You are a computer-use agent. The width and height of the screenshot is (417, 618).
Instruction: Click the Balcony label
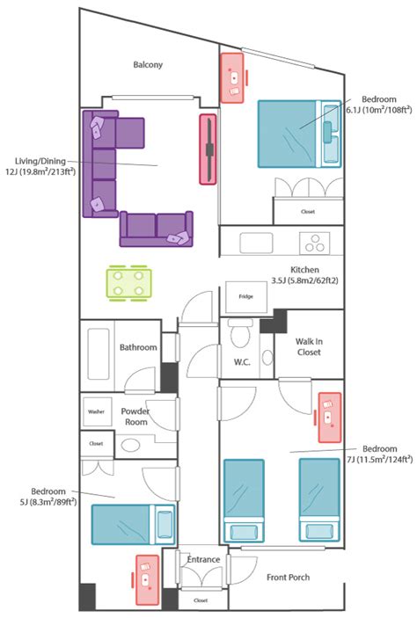coord(148,65)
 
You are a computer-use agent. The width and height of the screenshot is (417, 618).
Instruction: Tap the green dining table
coord(128,282)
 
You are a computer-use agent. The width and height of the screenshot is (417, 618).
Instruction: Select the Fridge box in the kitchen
coord(246,297)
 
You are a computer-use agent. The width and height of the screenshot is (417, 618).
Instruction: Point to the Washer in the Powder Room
coord(97,411)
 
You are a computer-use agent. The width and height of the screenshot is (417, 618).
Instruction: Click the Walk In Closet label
coord(309,347)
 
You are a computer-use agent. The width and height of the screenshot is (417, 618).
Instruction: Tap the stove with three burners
coord(315,244)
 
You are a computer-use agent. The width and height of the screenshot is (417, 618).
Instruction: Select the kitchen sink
coord(256,243)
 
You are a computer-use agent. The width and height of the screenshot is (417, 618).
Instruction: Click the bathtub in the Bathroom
coord(99,354)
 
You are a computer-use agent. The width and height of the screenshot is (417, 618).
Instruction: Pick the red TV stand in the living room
coord(208,149)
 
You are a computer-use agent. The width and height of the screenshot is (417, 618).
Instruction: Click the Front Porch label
coord(288,578)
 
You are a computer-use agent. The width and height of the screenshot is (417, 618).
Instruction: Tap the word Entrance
coord(203,560)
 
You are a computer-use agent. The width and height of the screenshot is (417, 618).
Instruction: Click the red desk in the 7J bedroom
coord(329,418)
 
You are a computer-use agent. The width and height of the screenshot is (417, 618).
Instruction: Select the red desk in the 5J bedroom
coord(147,580)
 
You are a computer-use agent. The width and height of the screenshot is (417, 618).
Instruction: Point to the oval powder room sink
coord(130,446)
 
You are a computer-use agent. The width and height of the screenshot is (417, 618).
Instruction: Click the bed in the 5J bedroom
coord(134,525)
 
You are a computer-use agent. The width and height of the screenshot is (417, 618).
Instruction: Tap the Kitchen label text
coord(304,270)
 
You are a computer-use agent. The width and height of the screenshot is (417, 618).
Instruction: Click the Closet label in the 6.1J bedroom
coord(308,212)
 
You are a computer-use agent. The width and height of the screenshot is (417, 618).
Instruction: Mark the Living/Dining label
coord(40,161)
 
